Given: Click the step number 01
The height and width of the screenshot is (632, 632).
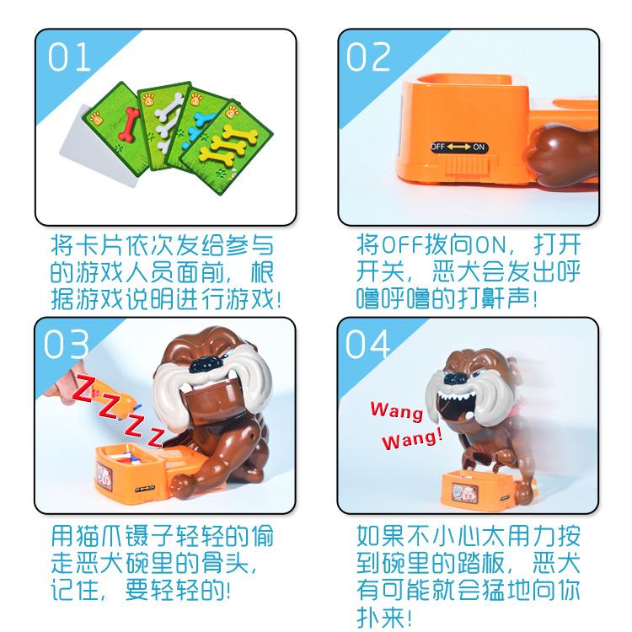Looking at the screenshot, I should tap(69, 58).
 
